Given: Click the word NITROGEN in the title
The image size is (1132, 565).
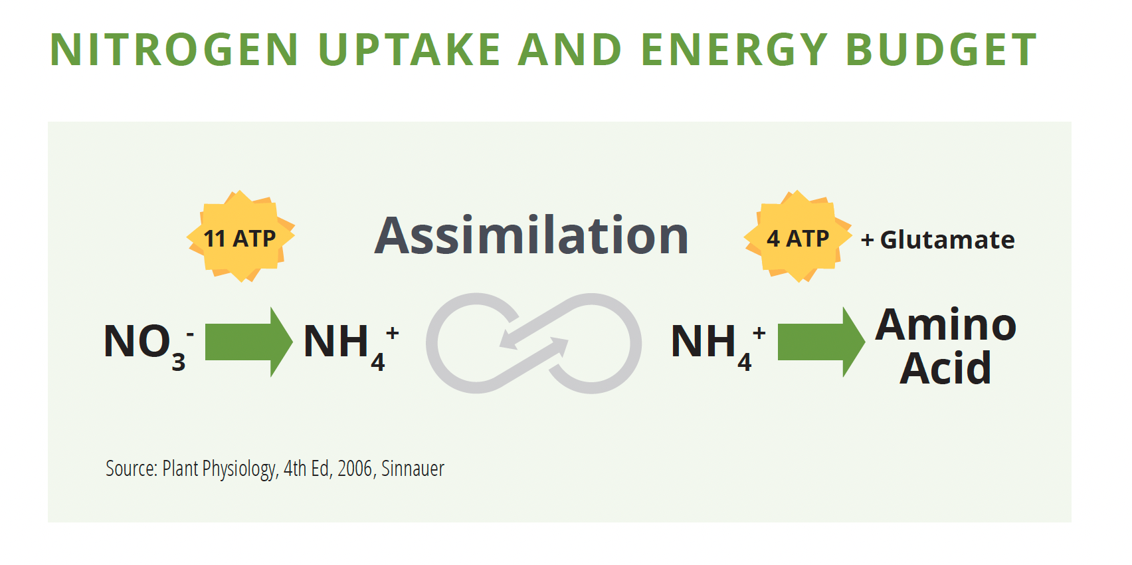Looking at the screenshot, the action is (x=174, y=49).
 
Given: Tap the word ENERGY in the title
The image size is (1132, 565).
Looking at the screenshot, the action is (x=734, y=49).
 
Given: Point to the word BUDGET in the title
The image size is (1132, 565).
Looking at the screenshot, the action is (x=941, y=49).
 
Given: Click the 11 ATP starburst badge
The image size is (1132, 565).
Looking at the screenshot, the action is (x=240, y=237).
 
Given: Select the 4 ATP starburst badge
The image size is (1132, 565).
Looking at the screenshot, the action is (x=798, y=237).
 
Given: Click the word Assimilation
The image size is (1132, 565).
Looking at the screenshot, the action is (x=531, y=235).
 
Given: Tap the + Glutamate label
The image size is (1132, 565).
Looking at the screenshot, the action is (x=938, y=240).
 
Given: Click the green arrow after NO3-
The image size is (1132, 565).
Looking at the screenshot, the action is (x=248, y=342).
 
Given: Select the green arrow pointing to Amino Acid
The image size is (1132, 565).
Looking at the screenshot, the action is (x=821, y=342).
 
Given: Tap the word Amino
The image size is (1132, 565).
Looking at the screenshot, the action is (x=945, y=325).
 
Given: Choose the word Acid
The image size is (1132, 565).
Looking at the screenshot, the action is (x=945, y=368).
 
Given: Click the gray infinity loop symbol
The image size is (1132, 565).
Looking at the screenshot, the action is (x=533, y=344).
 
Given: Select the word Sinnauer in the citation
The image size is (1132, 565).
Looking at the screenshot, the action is (x=413, y=469).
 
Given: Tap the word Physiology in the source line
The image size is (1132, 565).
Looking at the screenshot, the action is (x=240, y=469).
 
